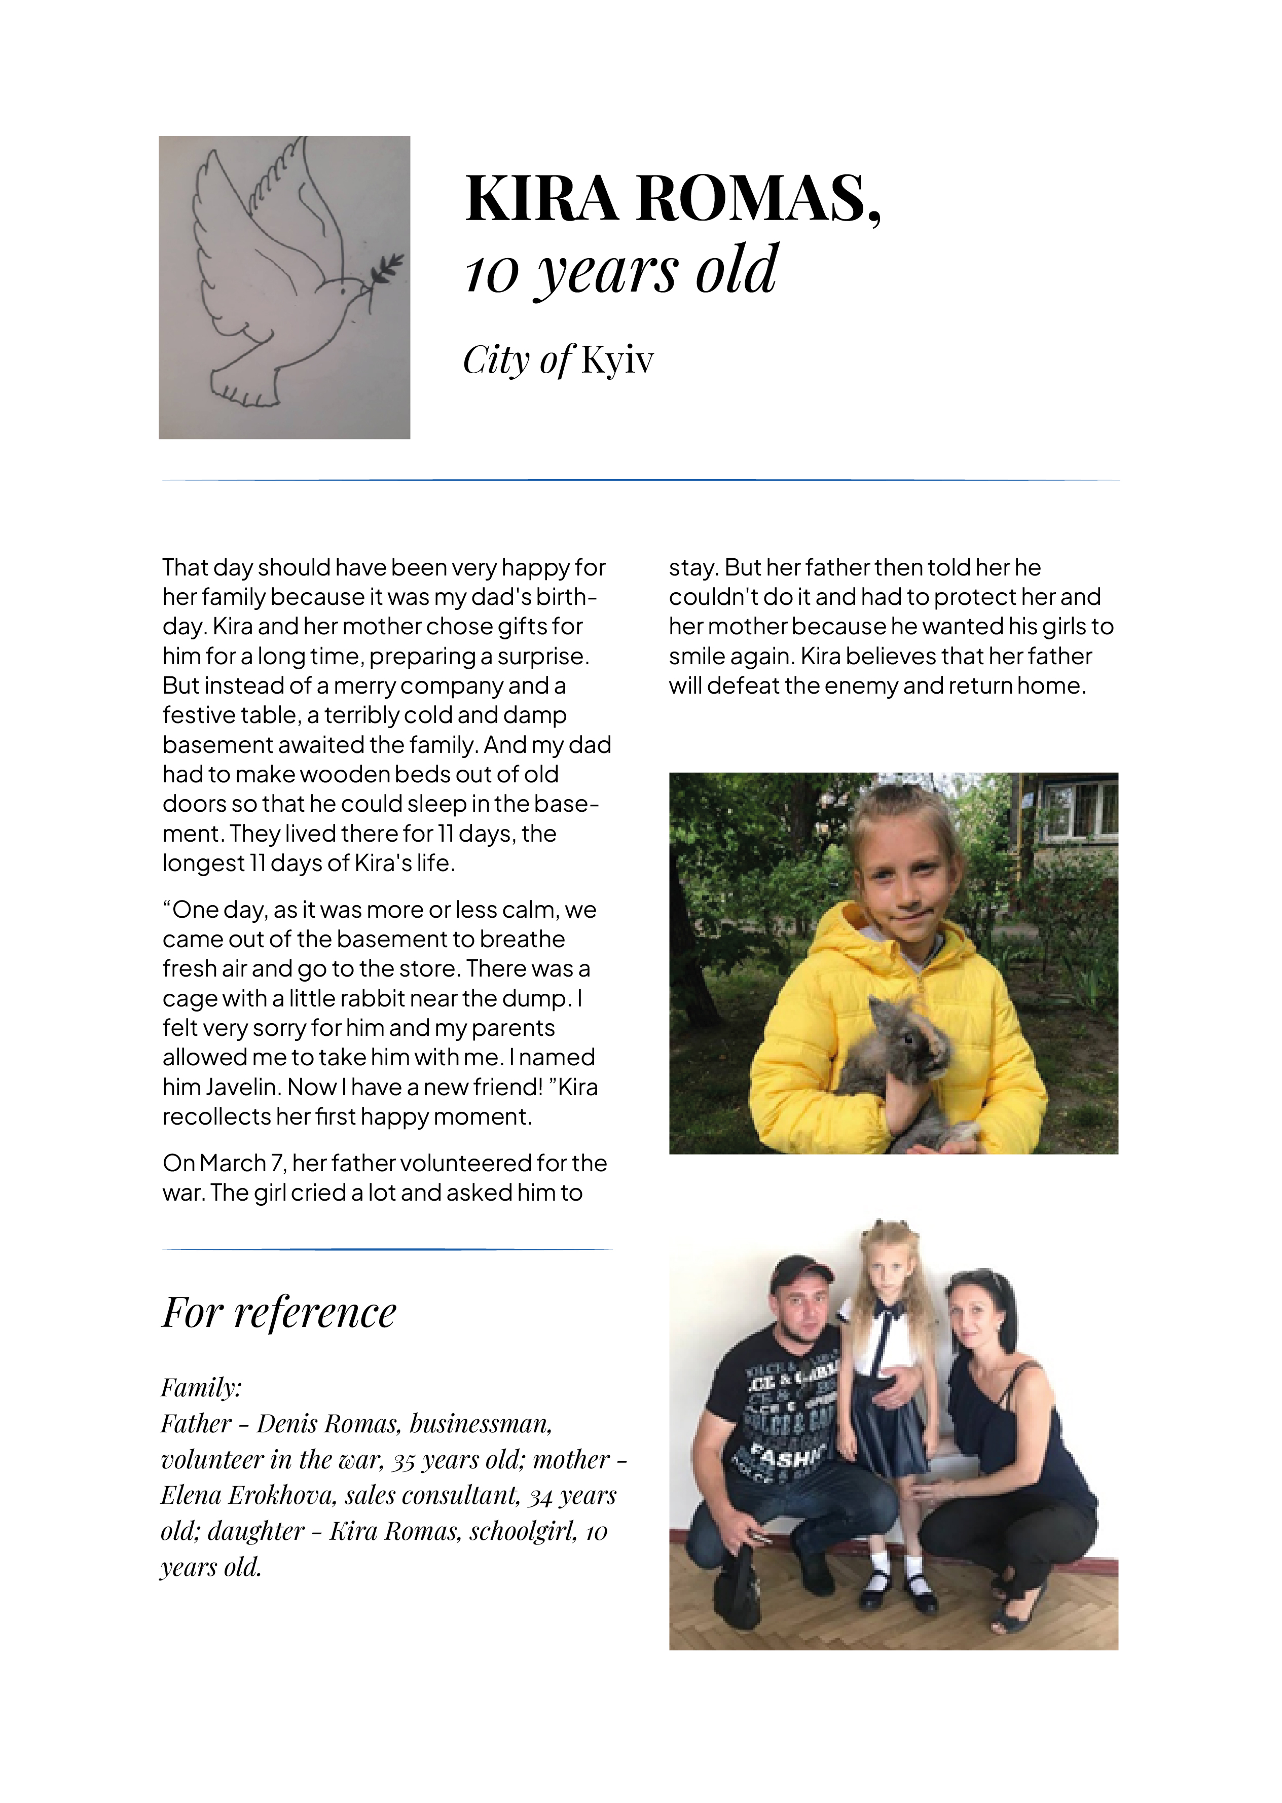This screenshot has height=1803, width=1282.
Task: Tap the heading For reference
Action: pyautogui.click(x=279, y=1313)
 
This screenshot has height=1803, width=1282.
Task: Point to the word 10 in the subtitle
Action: pyautogui.click(x=491, y=272)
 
